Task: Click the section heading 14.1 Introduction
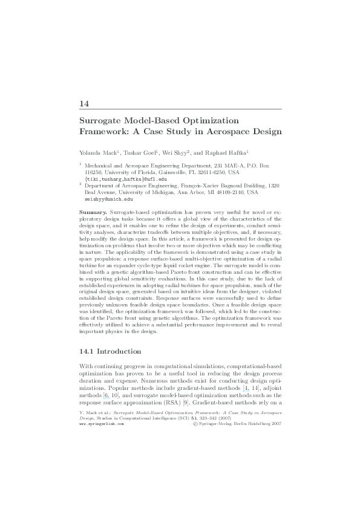pyautogui.click(x=111, y=351)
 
